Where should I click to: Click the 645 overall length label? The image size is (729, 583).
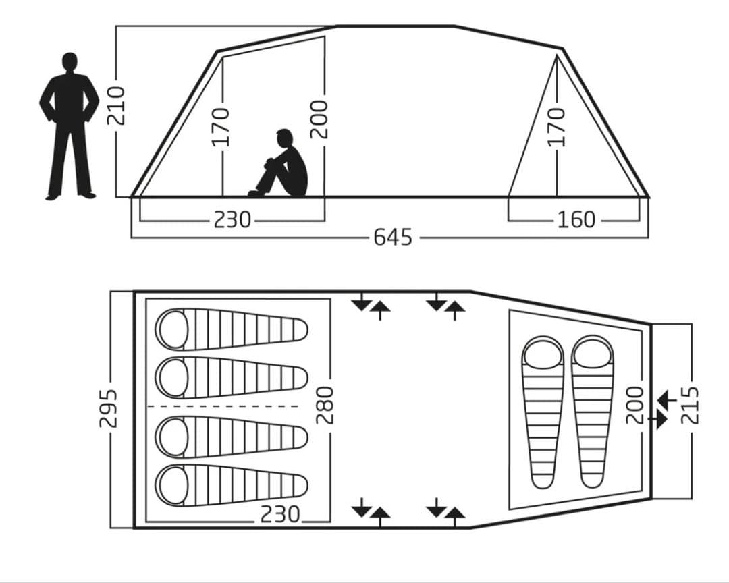click(393, 237)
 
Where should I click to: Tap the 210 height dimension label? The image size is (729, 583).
click(116, 105)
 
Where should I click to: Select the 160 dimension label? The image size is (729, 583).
click(576, 219)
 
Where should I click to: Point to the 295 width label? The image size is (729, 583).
click(108, 409)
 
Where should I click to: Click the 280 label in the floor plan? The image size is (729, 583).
click(325, 406)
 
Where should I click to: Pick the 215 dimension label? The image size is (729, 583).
click(690, 405)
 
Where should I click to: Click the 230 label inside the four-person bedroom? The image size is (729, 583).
click(280, 515)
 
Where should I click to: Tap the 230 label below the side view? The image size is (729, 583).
click(232, 219)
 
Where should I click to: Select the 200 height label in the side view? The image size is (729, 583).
click(319, 119)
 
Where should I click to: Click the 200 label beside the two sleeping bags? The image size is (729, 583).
click(635, 405)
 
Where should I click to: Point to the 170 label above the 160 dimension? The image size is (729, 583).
click(556, 127)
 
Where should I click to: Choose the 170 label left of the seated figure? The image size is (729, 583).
click(221, 127)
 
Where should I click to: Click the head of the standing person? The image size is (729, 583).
click(70, 62)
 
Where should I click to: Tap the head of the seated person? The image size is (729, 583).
click(284, 138)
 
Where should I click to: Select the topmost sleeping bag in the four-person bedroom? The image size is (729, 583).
click(232, 329)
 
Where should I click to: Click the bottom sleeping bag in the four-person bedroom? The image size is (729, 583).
click(232, 486)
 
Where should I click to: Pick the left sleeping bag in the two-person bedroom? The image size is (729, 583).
click(543, 412)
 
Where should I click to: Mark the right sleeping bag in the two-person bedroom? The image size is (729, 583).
click(593, 412)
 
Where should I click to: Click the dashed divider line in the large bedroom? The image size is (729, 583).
click(223, 406)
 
